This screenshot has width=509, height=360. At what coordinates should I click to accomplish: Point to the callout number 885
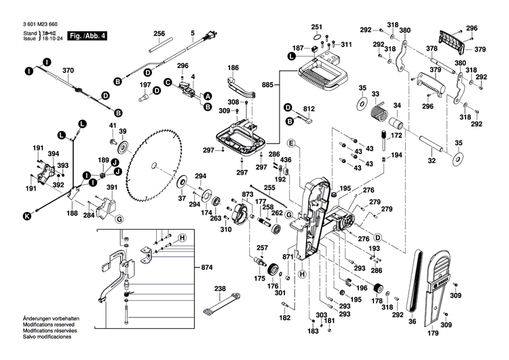[268, 85]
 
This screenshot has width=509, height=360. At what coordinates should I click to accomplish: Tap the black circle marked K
[27, 217]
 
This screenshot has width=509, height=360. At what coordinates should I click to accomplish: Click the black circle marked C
[167, 82]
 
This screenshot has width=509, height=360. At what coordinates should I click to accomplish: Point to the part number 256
[159, 34]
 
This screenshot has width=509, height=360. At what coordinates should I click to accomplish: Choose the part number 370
[68, 71]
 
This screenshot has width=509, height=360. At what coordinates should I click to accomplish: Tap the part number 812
[310, 108]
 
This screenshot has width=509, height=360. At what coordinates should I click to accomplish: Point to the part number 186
[233, 68]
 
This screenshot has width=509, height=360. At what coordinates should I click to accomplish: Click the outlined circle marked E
[290, 143]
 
